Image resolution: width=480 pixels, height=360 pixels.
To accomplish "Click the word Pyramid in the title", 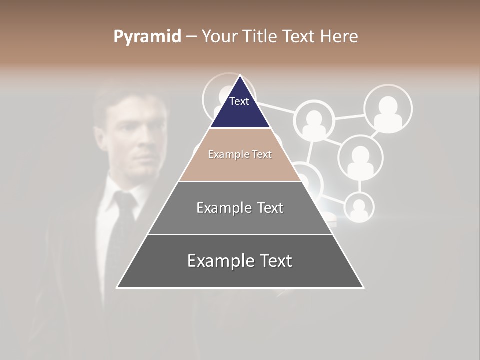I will coord(147,37).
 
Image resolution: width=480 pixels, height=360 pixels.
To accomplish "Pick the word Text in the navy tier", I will coord(239,101).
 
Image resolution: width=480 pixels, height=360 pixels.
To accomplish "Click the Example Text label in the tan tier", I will coord(240,154).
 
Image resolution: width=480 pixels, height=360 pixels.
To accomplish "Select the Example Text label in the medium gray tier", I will coord(240,208).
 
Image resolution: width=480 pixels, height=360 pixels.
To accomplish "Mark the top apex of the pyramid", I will coord(240,76).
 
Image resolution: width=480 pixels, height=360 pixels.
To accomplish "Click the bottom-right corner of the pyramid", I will coord(363,287).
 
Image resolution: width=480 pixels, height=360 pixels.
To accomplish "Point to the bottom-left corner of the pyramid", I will coord(117,287).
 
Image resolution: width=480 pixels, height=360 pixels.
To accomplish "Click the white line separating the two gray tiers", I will coord(240,234).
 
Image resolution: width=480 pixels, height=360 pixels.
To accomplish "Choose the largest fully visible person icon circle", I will coord(388,109).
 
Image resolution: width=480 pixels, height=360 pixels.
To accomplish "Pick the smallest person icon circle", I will coord(359,207).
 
